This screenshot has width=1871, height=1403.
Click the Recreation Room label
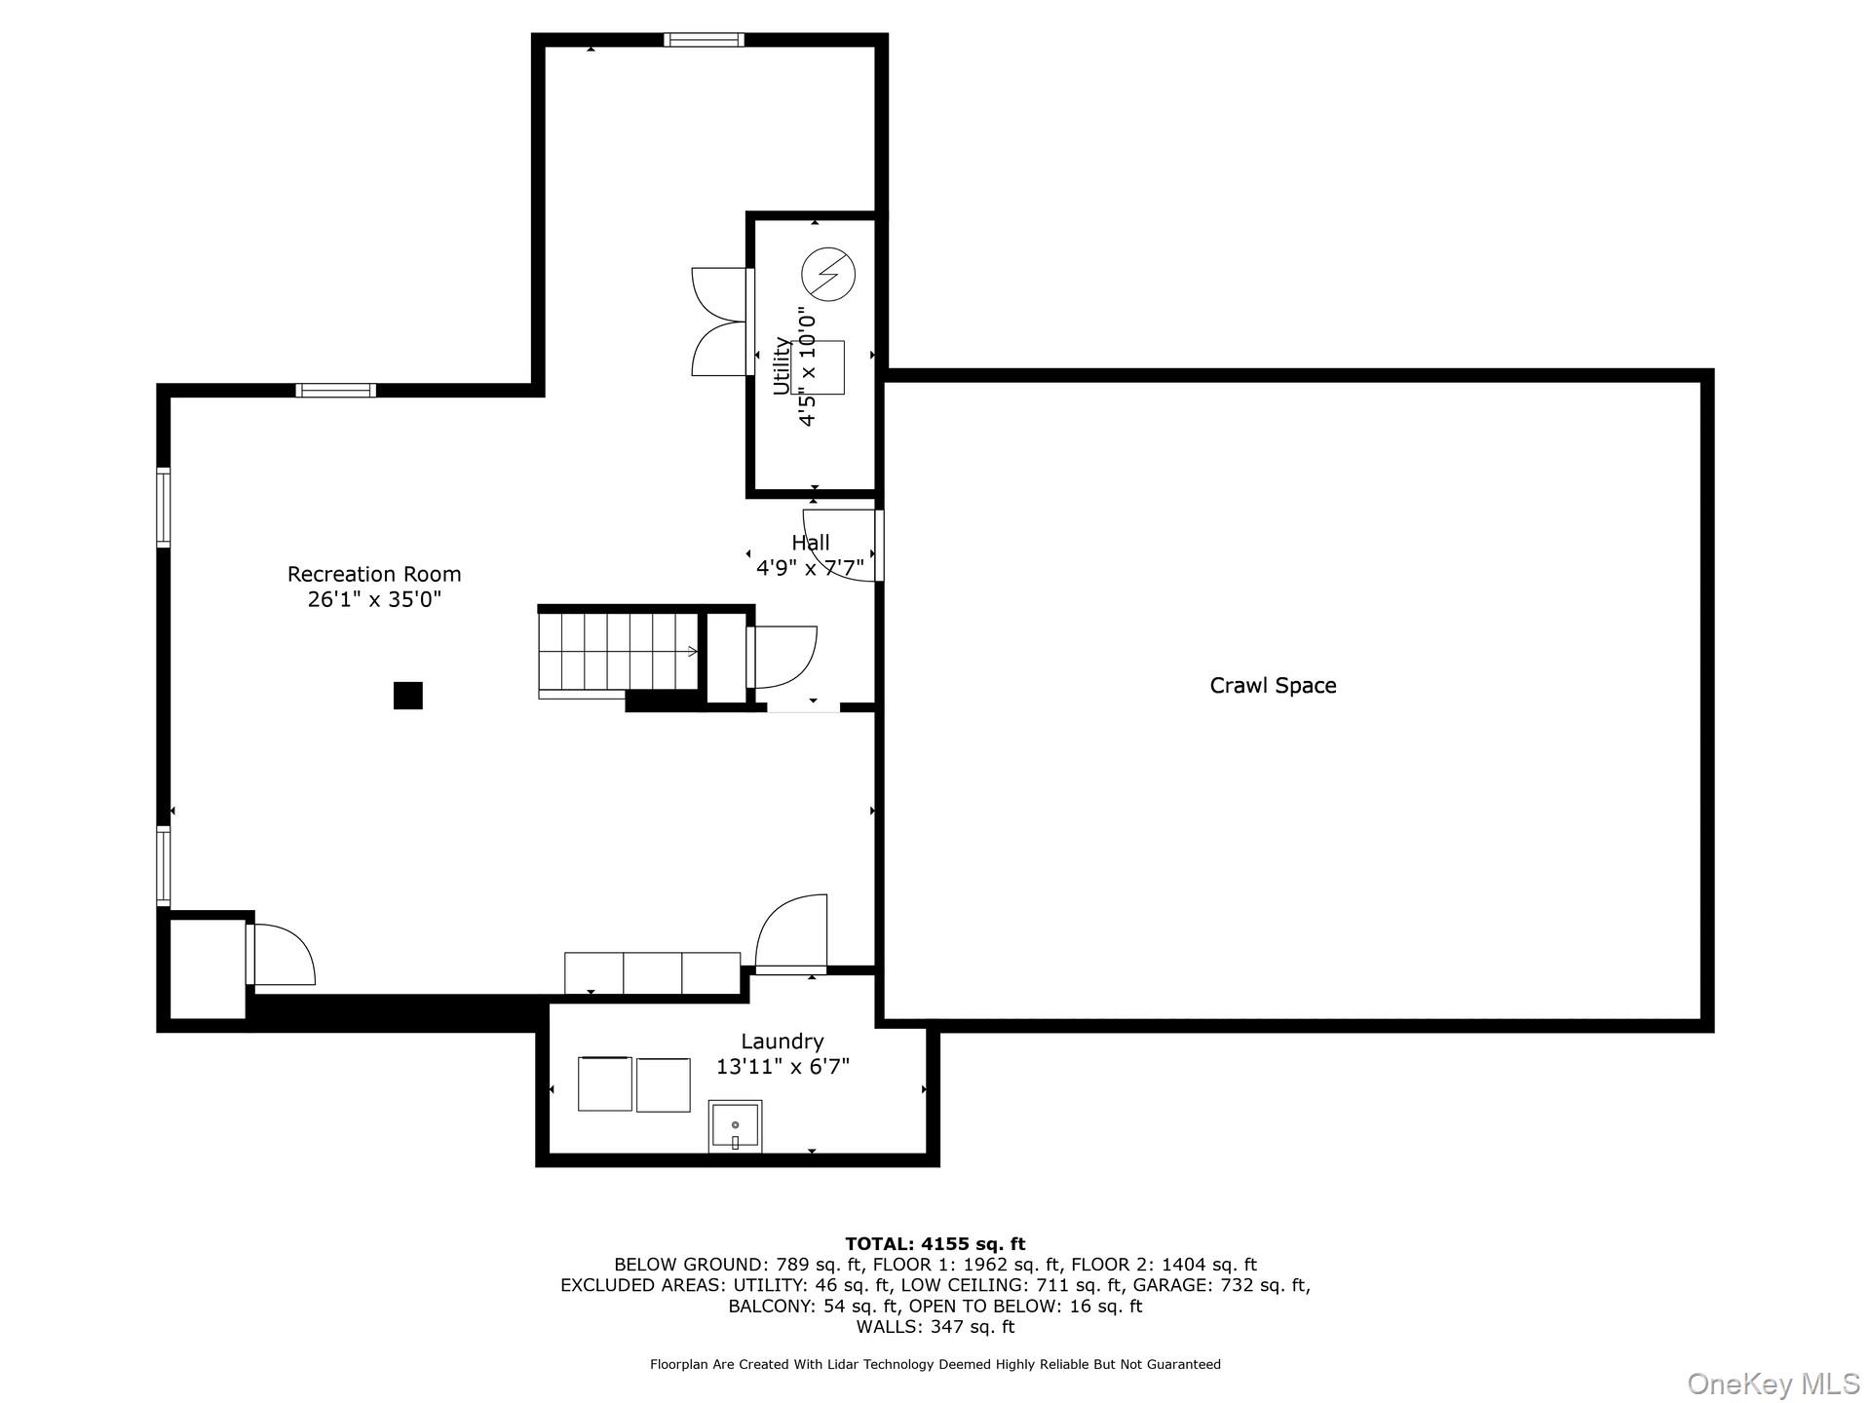coord(374,574)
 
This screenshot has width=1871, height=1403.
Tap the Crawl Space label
coord(1273,685)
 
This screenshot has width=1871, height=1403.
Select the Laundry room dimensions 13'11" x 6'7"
coord(783,1067)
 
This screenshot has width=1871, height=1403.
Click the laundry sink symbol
coord(735,1126)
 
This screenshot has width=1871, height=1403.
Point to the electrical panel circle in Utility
coord(827,274)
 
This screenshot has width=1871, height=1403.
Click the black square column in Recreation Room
coord(407,695)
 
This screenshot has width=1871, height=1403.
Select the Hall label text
coord(811,543)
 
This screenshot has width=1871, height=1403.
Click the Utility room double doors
coord(721,322)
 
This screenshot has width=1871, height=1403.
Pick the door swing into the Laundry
coord(791,933)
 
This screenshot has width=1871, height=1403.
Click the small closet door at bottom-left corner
coord(281,956)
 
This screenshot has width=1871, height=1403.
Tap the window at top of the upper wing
coord(704,40)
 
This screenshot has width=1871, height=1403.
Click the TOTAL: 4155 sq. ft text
coord(935,1243)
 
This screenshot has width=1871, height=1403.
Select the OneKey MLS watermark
coord(1773,1384)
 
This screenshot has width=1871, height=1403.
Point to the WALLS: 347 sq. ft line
coord(935,1327)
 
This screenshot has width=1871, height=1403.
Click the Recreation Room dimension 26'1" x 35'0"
coord(374,600)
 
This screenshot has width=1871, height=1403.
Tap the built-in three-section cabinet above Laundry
coord(652,972)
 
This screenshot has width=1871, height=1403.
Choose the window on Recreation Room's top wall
coord(336,390)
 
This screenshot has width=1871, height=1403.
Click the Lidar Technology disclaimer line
coord(935,1364)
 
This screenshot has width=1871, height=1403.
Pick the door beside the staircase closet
coord(783,657)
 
